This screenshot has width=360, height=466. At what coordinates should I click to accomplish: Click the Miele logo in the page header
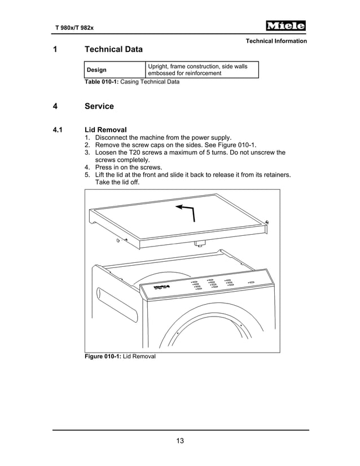click(286, 26)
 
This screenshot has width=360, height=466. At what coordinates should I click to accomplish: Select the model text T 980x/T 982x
click(73, 28)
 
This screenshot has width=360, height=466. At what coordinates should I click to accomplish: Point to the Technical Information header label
click(276, 41)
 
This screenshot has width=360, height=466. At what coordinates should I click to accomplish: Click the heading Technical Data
click(113, 50)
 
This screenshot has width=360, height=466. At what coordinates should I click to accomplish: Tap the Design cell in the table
click(96, 70)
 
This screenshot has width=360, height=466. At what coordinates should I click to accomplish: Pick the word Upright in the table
click(159, 67)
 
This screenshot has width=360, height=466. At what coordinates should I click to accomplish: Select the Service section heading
click(99, 106)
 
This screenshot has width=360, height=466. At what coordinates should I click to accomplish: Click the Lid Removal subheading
click(105, 130)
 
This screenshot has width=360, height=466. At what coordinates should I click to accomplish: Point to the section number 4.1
click(58, 130)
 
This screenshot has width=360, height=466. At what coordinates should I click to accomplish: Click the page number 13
click(180, 441)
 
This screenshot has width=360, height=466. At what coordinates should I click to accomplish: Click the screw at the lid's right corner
click(267, 222)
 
